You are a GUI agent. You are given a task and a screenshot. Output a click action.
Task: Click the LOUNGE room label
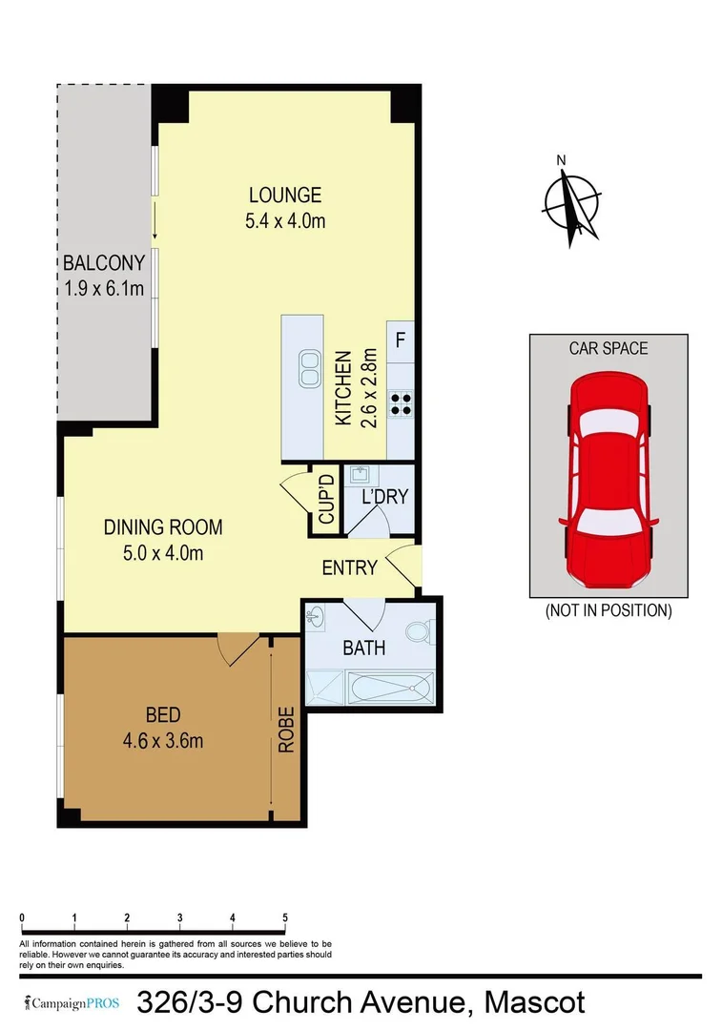(285, 196)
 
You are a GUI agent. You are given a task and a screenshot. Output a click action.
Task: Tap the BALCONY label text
(104, 263)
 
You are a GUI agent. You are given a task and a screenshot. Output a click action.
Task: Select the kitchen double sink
(310, 369)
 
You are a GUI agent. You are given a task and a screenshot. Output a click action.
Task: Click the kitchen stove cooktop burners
(401, 403)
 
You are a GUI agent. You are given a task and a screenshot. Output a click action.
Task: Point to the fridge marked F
(401, 340)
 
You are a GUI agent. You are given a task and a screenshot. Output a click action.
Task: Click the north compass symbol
(571, 203)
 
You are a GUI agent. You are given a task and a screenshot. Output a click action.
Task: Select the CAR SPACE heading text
(609, 348)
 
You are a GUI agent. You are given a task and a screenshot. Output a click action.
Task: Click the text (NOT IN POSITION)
(609, 610)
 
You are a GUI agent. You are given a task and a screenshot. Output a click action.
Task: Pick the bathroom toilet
(421, 631)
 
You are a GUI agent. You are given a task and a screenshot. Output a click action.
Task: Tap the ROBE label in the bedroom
(286, 731)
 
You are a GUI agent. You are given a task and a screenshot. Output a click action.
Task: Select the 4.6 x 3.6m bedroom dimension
(162, 739)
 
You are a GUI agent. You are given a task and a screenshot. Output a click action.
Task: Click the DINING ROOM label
(163, 526)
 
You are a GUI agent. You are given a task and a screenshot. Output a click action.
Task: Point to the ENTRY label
(350, 568)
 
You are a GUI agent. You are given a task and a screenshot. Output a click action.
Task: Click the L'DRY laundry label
(384, 496)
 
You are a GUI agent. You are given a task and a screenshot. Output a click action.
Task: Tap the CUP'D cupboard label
(326, 500)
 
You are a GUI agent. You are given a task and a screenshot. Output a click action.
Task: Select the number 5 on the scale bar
(285, 917)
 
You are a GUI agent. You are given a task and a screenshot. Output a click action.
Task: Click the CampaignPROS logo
(73, 1003)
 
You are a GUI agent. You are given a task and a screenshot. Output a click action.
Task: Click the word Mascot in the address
(534, 1003)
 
